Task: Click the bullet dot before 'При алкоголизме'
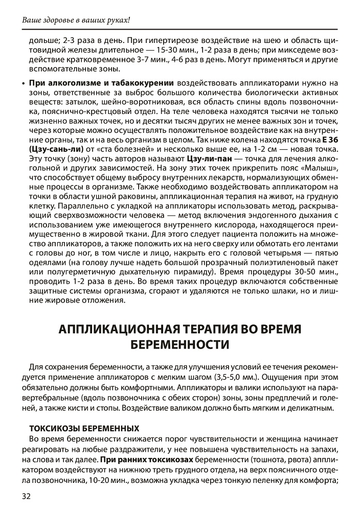[x=25, y=83]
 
